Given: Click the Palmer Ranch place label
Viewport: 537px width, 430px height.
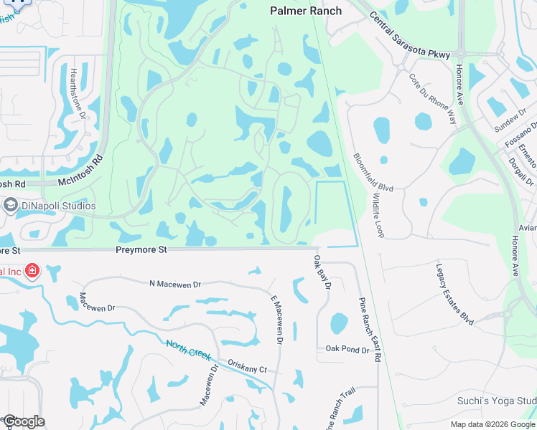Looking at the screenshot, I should pos(305,10).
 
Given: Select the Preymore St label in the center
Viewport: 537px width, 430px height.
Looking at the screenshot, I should pos(141,249).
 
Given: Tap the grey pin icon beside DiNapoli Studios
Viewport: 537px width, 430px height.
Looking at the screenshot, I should pos(11,206).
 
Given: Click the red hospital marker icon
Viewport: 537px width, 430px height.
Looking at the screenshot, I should pos(32,271).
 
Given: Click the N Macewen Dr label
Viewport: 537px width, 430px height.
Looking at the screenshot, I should pos(177,285).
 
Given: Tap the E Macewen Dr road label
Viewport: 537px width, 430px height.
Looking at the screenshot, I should pos(276,320).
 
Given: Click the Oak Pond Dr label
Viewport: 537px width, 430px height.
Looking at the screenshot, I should pos(347,350).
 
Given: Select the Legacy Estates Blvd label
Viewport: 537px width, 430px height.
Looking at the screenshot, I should pos(455,294).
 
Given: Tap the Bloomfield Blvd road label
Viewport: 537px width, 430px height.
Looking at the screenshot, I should pos(373,172).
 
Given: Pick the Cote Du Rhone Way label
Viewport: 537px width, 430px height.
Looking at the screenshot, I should pos(432,98).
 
